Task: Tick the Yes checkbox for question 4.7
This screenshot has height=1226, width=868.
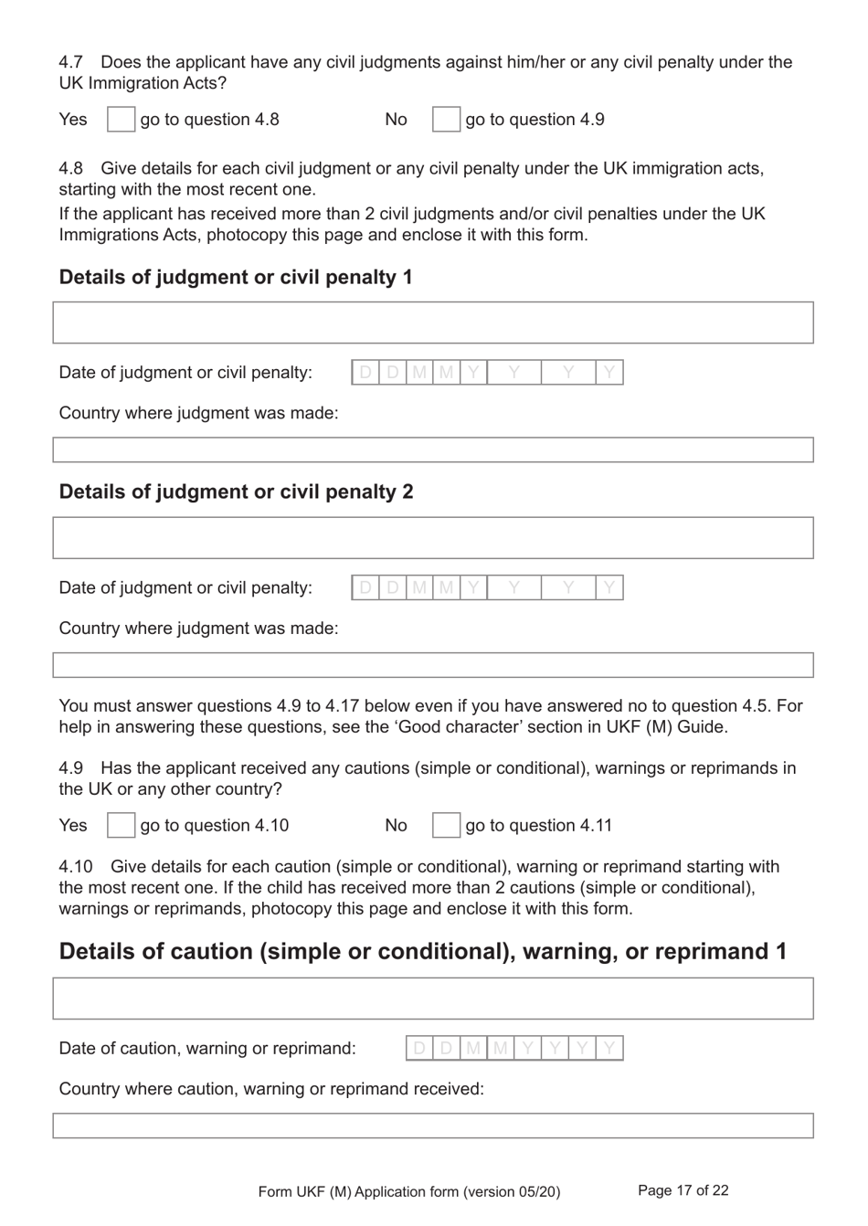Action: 121,120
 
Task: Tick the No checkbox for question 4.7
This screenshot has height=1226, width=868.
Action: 446,120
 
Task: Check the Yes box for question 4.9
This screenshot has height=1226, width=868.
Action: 121,826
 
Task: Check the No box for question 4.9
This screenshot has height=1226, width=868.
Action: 446,826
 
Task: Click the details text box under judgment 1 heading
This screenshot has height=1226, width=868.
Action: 433,322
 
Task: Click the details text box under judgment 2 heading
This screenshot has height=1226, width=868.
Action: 433,538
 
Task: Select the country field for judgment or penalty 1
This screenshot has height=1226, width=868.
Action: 433,449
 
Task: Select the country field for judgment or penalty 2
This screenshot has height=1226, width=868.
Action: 433,665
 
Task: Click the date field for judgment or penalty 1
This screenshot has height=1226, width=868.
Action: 487,372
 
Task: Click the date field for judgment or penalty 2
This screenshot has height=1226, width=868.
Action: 487,587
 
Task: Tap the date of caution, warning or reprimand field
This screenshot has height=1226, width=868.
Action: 514,1048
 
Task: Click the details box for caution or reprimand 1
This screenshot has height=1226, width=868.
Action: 433,999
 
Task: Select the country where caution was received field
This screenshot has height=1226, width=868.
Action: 433,1126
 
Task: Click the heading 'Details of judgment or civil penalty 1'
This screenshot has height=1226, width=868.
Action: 236,277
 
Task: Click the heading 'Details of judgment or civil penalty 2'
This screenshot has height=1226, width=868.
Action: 236,491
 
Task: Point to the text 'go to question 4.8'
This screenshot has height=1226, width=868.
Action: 209,120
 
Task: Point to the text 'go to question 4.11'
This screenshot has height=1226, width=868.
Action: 538,826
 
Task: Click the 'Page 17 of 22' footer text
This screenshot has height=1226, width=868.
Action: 683,1190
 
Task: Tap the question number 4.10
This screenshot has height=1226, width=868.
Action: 76,866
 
